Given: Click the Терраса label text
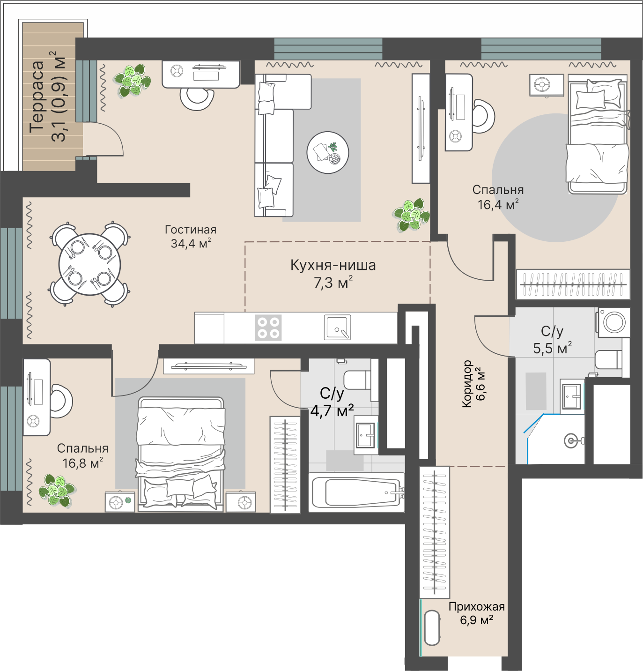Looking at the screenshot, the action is click(x=37, y=97).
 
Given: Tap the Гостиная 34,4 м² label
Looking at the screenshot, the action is click(x=191, y=237).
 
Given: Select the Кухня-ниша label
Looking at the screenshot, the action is click(x=333, y=265).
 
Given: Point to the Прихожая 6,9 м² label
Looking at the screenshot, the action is click(x=477, y=613).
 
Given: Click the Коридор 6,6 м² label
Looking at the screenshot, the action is click(x=473, y=384).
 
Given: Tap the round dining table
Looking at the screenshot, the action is click(x=89, y=264).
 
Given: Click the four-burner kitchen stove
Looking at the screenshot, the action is click(x=268, y=328).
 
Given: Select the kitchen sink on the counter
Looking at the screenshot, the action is click(x=337, y=327).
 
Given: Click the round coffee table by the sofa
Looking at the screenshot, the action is click(x=328, y=152).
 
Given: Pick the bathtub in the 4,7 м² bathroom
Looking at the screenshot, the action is click(x=357, y=492).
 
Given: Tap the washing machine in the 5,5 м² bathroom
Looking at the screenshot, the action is click(x=614, y=322).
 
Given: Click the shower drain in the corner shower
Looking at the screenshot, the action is click(x=570, y=440).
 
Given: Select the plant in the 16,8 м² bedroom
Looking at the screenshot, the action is click(x=57, y=491).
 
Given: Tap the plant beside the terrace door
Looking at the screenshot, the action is click(x=132, y=80).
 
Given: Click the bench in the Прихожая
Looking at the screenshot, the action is click(x=432, y=628).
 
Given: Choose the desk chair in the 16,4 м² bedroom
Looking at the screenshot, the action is click(x=485, y=116).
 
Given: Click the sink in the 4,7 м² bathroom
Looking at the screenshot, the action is click(x=366, y=435).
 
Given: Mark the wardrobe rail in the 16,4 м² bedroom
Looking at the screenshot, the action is click(x=573, y=284).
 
